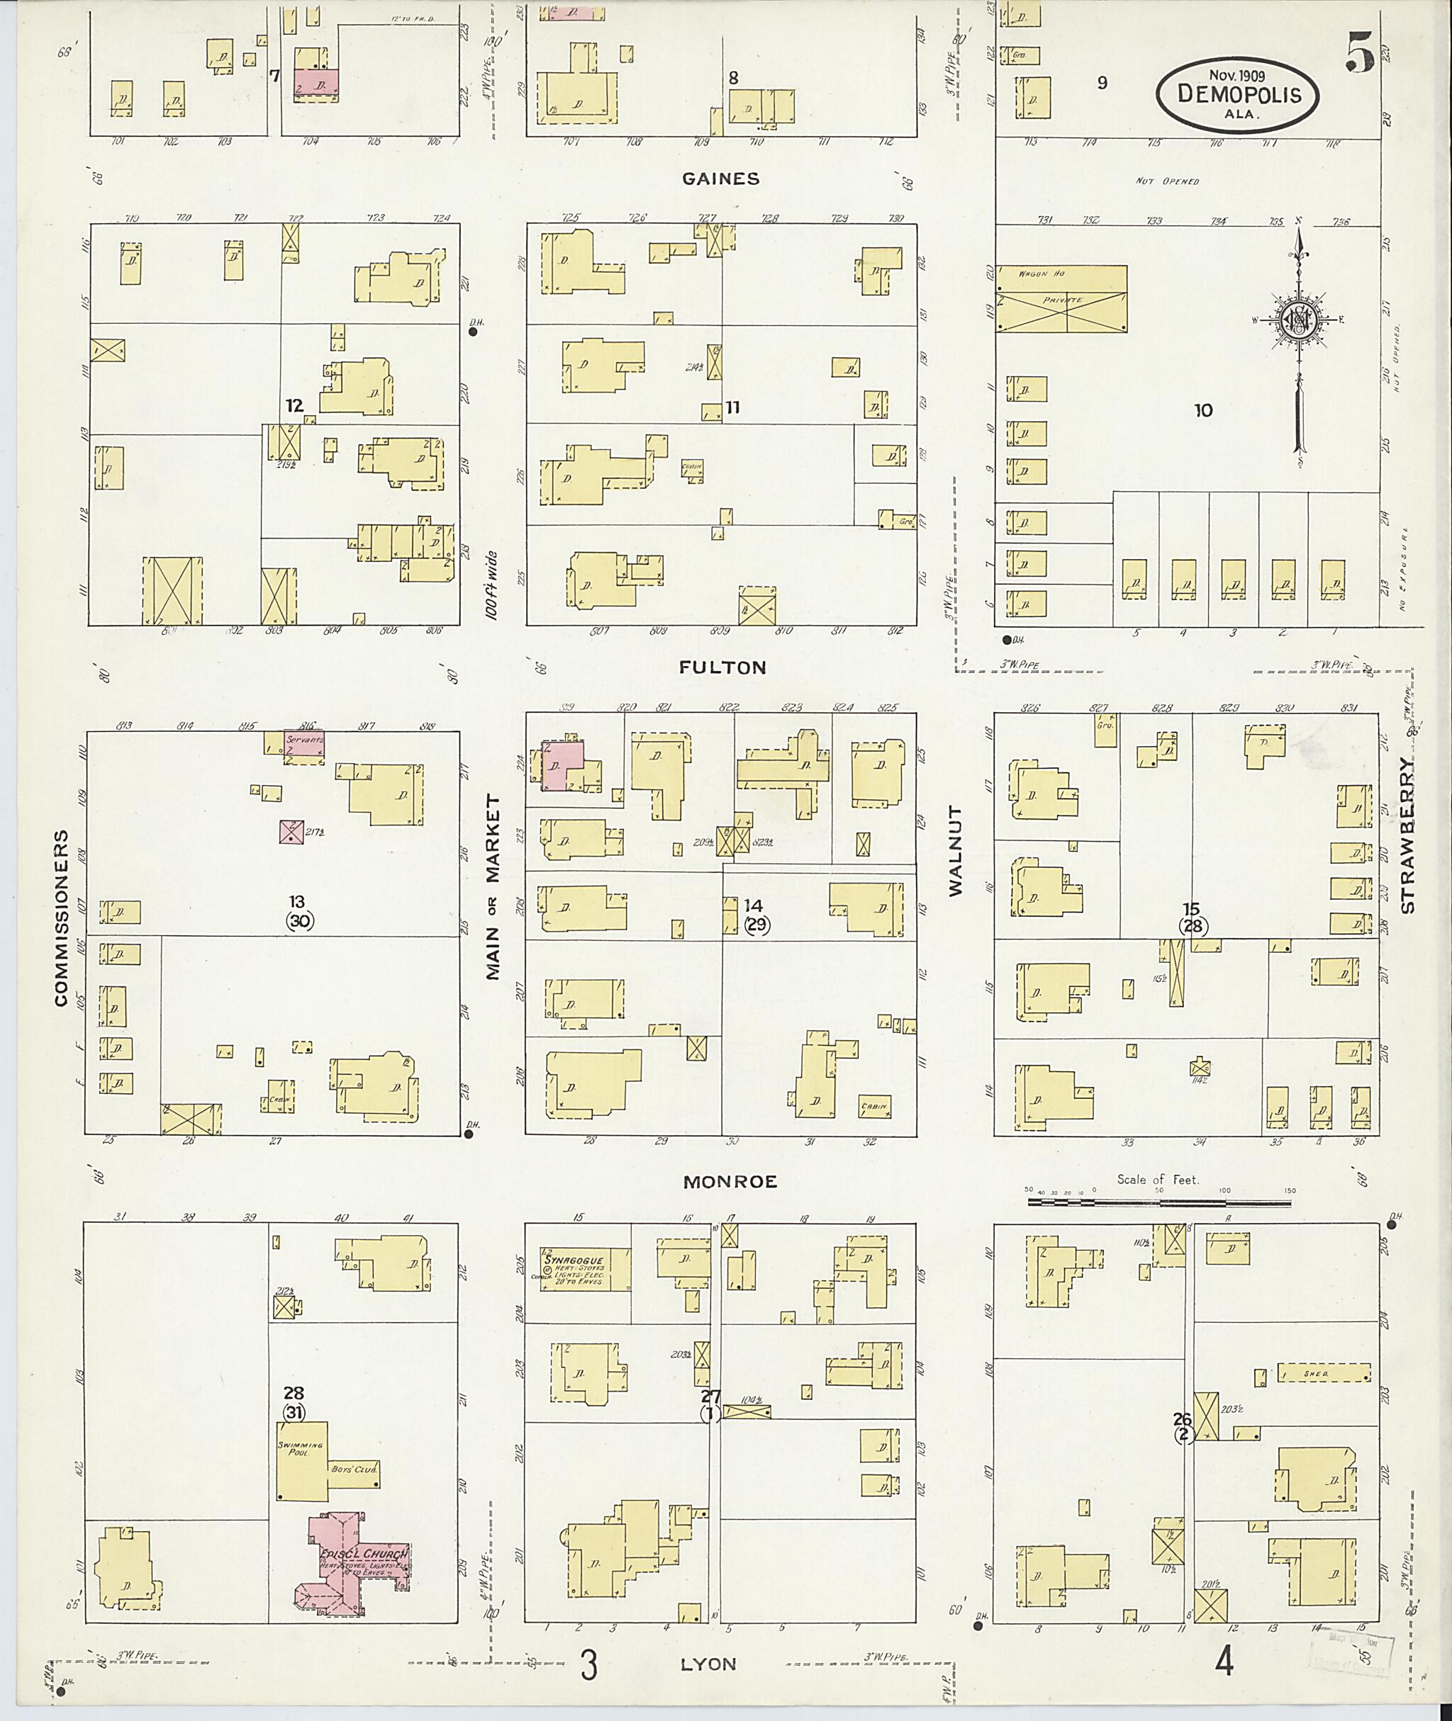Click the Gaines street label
(720, 179)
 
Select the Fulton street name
(722, 667)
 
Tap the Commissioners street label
(61, 918)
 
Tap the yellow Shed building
(1324, 1373)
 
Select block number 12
(295, 405)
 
